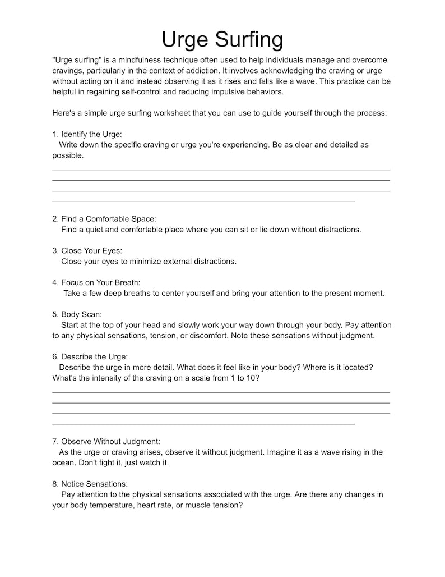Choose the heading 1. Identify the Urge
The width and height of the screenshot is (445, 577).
coord(87,134)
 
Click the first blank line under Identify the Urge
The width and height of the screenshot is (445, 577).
coord(221,170)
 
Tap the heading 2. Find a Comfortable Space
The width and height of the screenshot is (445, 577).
coord(104,219)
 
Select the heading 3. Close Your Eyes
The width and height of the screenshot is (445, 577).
coord(87,251)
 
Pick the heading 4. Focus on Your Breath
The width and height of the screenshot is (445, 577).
coord(96,282)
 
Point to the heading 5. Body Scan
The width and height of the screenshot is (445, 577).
coord(77,314)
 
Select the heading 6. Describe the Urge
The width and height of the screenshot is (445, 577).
coord(90,356)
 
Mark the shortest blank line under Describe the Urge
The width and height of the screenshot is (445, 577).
coord(203,424)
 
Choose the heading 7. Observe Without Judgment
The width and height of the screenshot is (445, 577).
coord(106,442)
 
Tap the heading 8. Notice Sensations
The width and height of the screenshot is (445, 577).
coord(90,484)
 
